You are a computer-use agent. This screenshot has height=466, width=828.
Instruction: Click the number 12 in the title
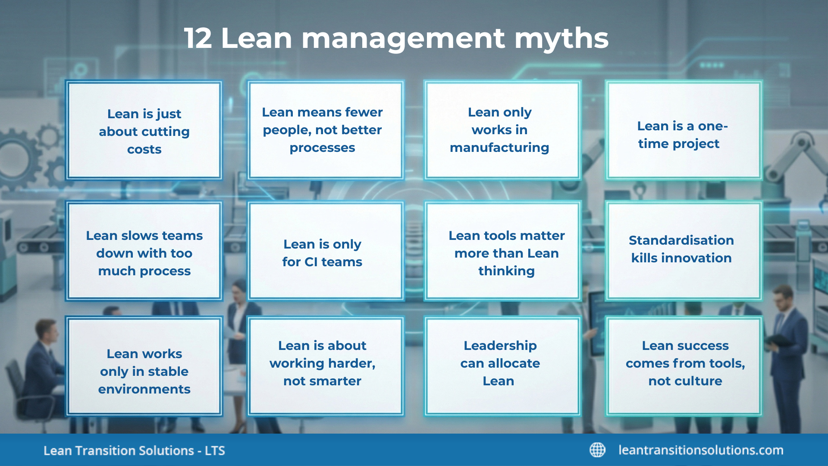click(x=198, y=38)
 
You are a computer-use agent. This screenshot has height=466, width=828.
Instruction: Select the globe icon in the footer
click(x=597, y=450)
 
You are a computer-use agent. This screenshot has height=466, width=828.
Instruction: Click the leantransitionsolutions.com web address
click(x=701, y=450)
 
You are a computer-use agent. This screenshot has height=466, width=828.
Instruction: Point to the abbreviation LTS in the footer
click(x=214, y=451)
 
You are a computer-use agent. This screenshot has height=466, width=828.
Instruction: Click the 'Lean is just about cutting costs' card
click(x=144, y=130)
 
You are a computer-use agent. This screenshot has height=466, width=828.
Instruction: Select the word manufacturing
click(x=499, y=148)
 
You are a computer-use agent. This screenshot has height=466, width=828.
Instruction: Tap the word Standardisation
click(x=681, y=240)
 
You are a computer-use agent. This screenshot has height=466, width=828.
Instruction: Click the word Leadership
click(x=500, y=346)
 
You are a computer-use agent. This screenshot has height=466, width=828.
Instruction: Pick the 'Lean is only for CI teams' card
click(x=322, y=252)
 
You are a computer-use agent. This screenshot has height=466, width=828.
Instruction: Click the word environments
click(x=144, y=389)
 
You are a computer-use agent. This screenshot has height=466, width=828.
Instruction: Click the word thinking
click(x=506, y=271)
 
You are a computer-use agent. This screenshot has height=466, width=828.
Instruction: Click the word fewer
click(x=364, y=112)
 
